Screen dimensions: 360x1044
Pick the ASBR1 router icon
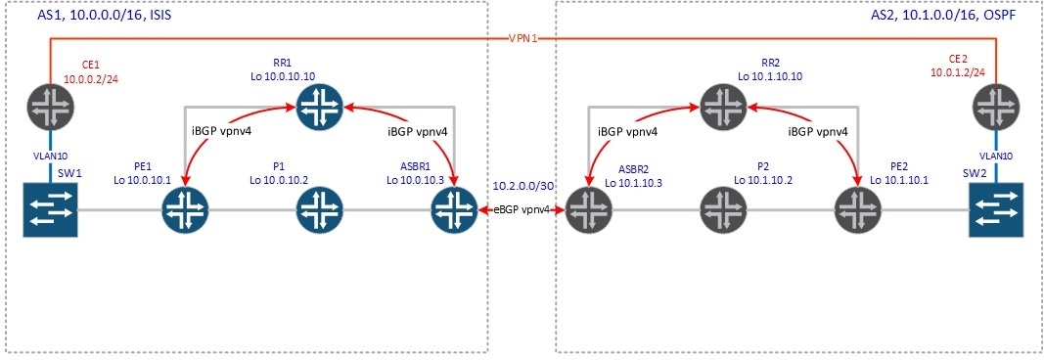(x=451, y=208)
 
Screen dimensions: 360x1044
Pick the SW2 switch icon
(x=996, y=208)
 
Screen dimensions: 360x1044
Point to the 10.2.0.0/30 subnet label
(x=521, y=185)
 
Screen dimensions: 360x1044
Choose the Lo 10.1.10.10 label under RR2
(x=770, y=75)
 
